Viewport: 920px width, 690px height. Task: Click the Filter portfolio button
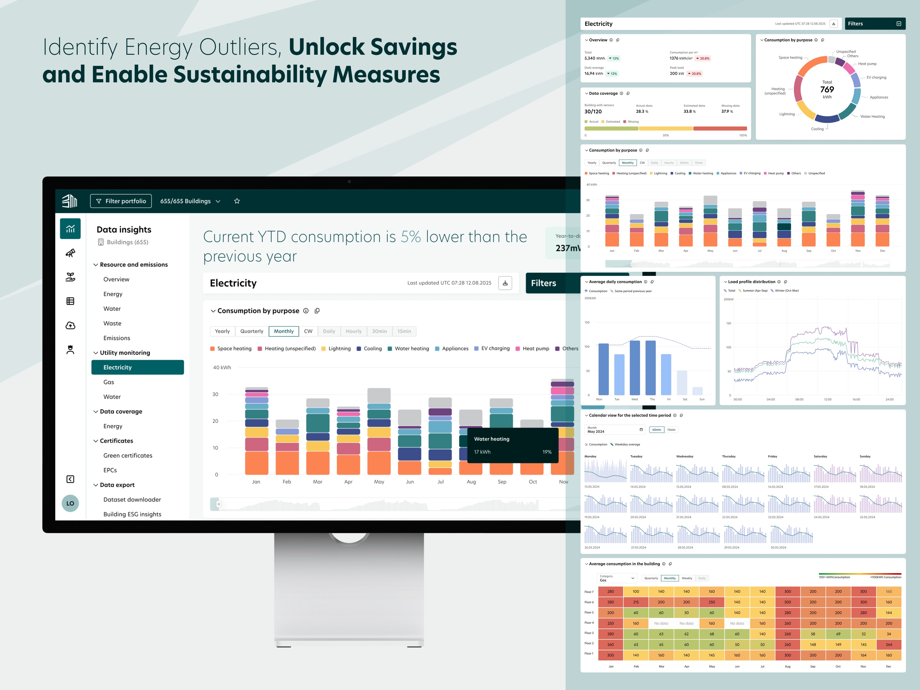(121, 201)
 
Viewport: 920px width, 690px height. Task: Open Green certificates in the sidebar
(128, 455)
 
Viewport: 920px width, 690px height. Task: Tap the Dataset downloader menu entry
(132, 500)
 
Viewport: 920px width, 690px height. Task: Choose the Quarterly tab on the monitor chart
(252, 331)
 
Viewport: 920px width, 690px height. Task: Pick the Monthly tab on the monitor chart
(284, 331)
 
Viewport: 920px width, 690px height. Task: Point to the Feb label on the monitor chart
(287, 482)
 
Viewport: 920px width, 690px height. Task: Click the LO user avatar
(70, 503)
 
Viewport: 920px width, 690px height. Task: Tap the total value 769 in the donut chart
(827, 89)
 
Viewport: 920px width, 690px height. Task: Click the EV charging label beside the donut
(876, 77)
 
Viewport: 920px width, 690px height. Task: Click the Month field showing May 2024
(615, 430)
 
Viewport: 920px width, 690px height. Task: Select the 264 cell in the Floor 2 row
(888, 644)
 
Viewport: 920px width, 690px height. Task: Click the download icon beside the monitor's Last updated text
(505, 283)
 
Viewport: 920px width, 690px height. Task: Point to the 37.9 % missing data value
(727, 112)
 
